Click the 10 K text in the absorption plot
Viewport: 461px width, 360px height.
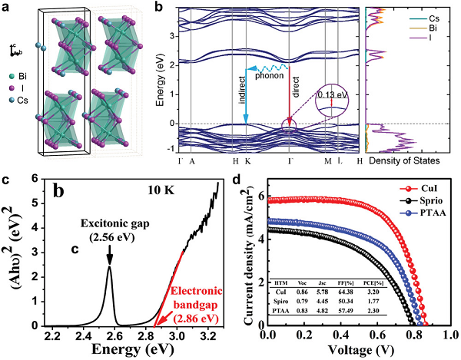162,187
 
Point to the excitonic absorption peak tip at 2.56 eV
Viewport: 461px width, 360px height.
109,266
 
